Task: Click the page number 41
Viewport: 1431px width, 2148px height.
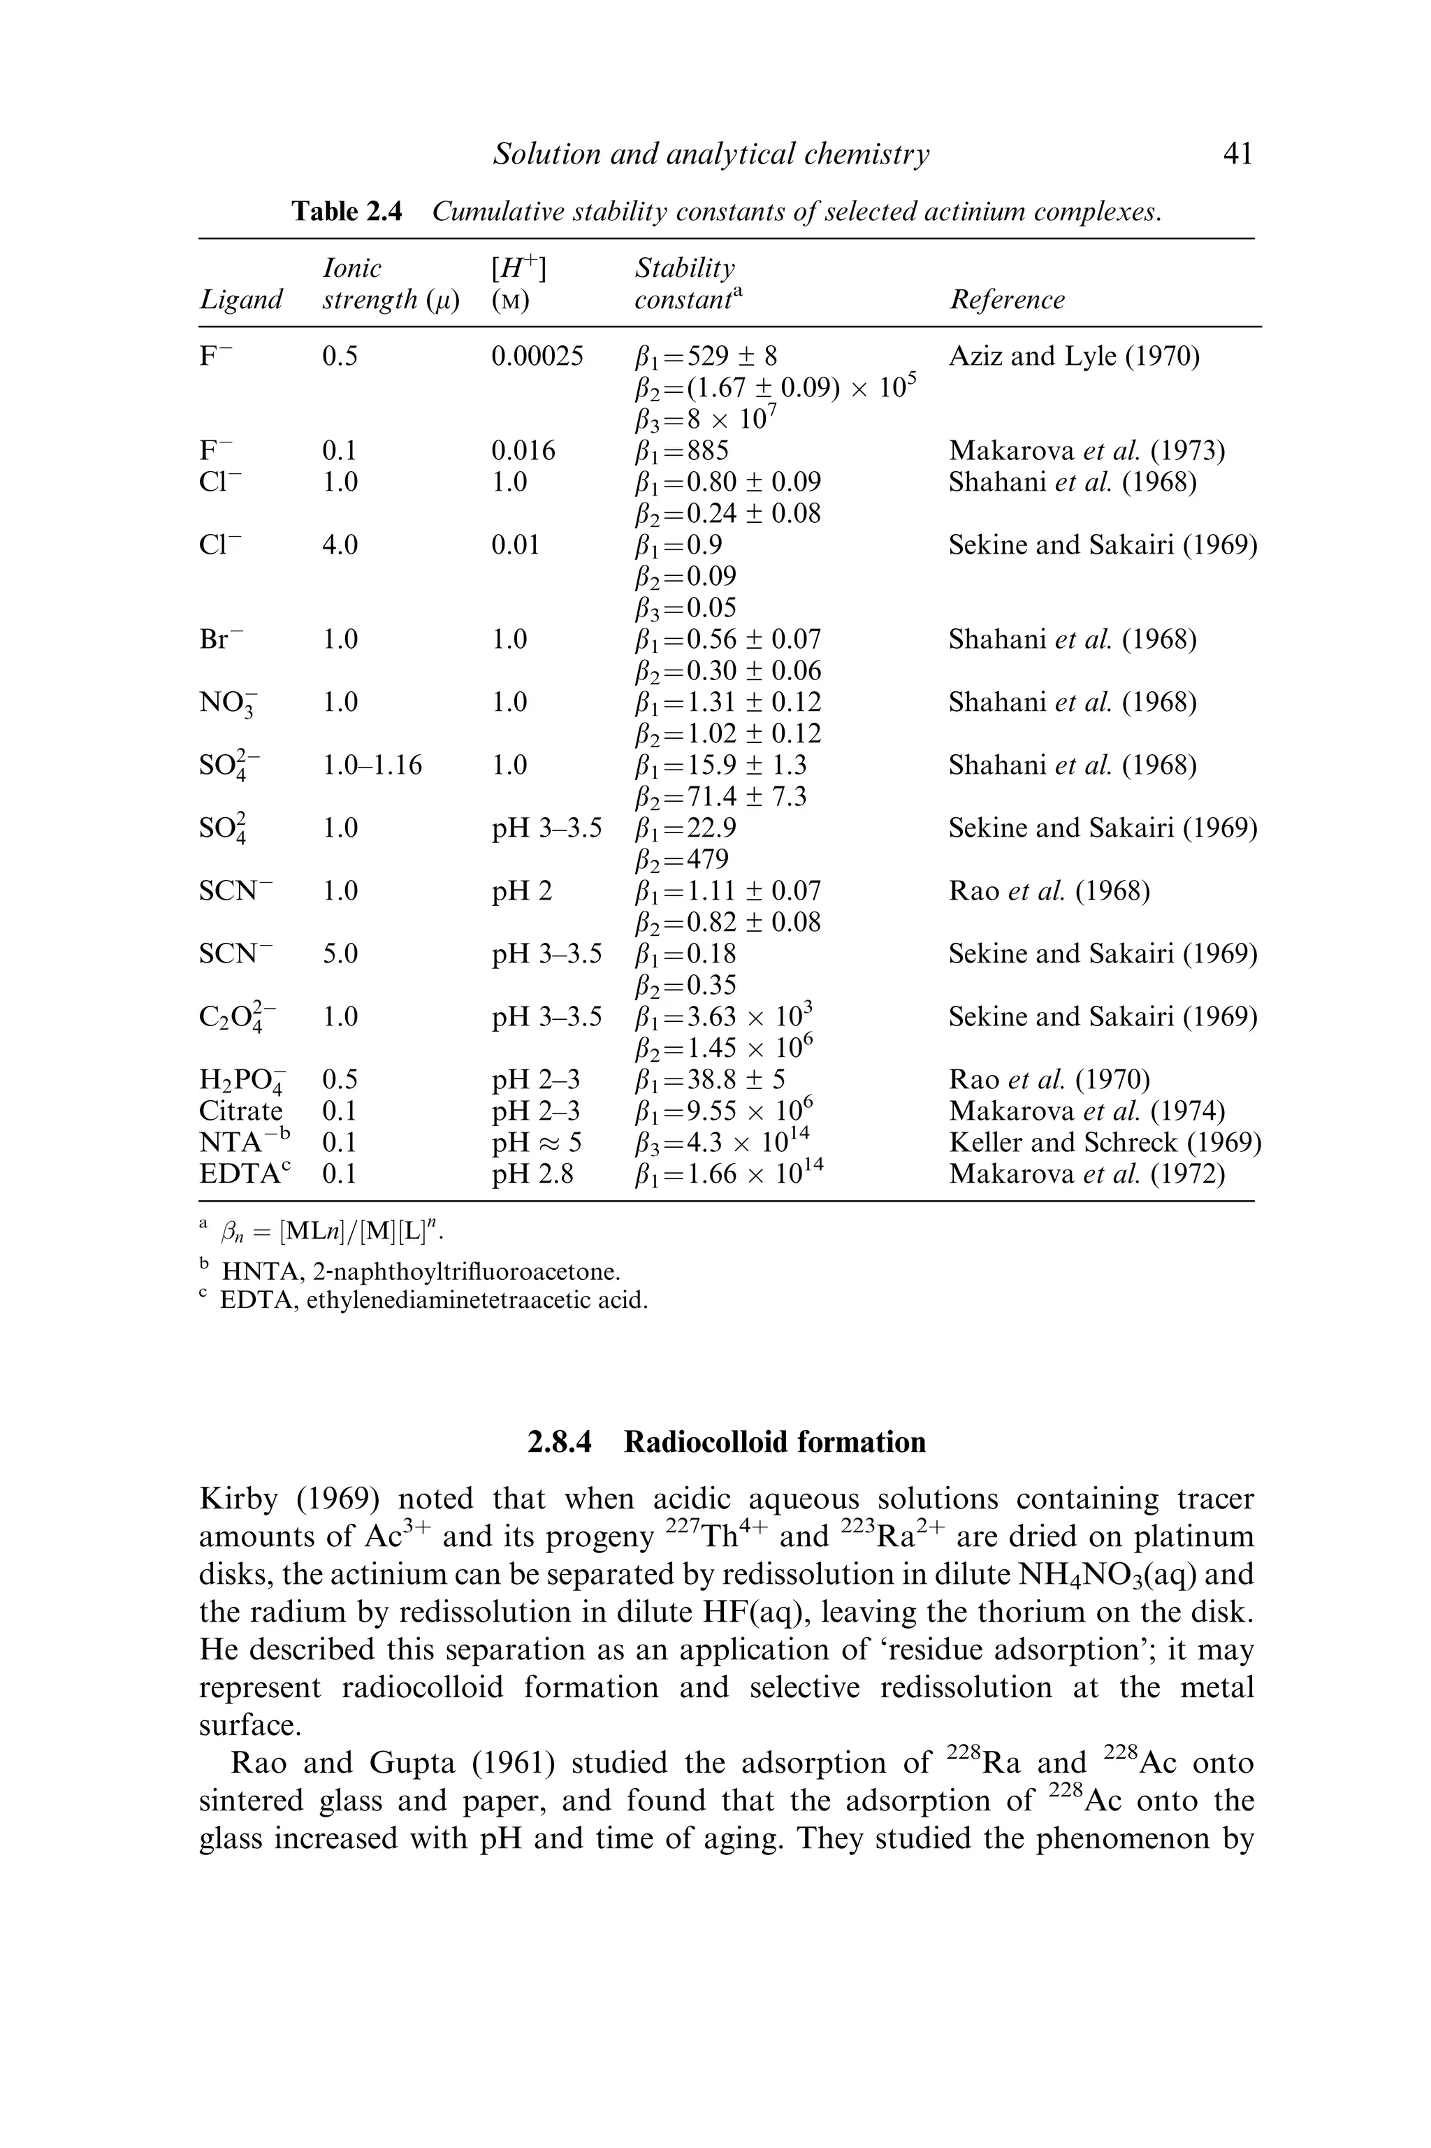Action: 1237,154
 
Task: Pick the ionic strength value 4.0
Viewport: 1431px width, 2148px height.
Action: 340,545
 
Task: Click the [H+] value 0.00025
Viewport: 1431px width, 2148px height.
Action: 537,356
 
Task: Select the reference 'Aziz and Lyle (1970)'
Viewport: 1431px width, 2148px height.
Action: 1073,356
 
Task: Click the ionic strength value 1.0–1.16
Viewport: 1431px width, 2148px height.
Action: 372,765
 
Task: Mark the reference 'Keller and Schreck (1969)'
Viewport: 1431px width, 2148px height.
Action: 1104,1142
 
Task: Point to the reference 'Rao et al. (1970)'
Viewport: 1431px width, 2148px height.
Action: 1049,1080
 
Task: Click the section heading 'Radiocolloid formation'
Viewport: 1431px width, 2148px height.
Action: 774,1441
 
